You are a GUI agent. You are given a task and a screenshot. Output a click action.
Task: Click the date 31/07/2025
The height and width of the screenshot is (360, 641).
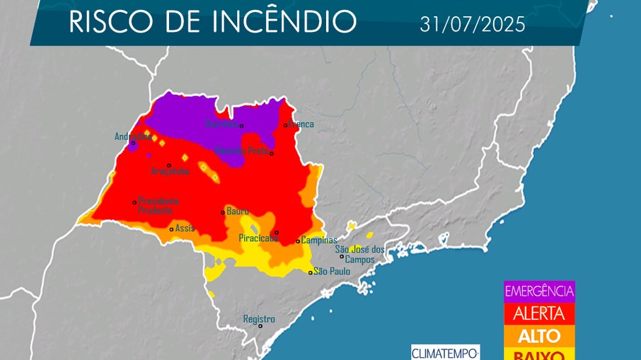472,25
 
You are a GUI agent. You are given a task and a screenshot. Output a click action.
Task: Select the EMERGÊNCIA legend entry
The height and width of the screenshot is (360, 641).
539,291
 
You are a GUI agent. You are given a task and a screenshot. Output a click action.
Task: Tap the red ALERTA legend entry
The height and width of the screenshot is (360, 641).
539,313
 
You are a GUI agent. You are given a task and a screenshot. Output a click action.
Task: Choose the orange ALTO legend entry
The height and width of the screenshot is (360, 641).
539,335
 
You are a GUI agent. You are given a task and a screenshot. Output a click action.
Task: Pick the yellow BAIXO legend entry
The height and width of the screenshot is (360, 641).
539,354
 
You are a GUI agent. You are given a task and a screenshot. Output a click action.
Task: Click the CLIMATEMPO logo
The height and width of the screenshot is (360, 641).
446,352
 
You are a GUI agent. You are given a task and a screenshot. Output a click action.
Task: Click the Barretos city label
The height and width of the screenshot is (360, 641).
221,124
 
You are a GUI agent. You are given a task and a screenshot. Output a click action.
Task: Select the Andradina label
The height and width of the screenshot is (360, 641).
132,137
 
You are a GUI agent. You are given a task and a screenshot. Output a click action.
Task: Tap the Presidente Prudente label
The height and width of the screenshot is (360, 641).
158,205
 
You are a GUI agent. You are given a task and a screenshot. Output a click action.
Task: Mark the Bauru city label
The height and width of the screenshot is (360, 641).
238,211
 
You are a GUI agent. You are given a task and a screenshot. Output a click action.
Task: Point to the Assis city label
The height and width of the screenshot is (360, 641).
185,228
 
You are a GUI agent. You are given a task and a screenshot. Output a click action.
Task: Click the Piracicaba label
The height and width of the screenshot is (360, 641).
258,238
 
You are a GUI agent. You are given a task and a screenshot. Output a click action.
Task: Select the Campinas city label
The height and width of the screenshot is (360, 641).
319,240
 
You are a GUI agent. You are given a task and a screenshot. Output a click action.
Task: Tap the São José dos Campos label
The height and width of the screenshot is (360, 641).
359,254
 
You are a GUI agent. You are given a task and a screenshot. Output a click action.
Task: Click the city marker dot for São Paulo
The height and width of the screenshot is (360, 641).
310,272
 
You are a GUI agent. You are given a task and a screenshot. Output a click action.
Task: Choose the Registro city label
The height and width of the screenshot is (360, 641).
259,319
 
